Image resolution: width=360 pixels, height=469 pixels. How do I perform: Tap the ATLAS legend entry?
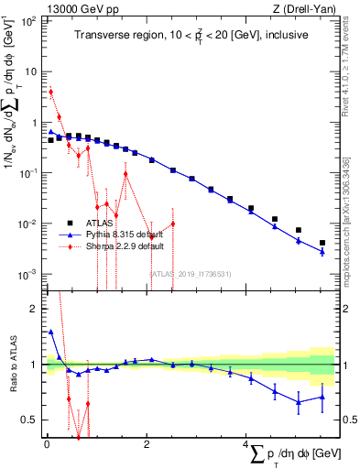tap(100, 222)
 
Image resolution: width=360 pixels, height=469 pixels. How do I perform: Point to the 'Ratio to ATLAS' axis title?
tap(12, 365)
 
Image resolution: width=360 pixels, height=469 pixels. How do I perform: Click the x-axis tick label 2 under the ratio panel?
tap(147, 445)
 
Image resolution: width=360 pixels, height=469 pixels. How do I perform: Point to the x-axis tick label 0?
tap(47, 445)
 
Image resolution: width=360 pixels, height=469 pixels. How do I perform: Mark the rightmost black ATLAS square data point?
tap(322, 243)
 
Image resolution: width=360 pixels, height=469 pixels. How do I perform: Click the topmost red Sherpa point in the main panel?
tap(51, 92)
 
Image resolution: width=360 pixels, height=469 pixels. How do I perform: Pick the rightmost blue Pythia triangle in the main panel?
tap(322, 251)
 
